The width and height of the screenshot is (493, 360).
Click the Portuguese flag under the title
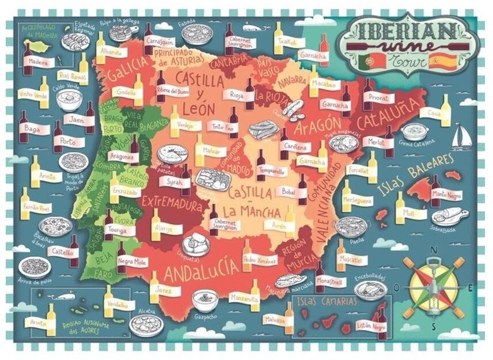(x=367, y=60)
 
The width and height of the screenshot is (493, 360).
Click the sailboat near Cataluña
(x=461, y=137)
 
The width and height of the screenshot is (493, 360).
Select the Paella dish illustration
(x=351, y=225)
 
